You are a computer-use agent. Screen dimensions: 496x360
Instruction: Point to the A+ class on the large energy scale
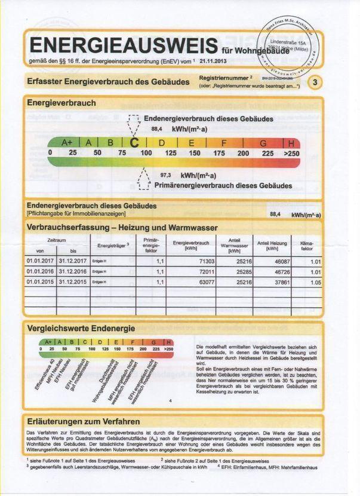coord(67,143)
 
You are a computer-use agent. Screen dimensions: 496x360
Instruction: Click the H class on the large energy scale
coord(291,143)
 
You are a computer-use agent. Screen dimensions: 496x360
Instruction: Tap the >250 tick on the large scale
coord(291,154)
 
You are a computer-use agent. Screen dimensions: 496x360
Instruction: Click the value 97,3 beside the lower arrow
coord(166,176)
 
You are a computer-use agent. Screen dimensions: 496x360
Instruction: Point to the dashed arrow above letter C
coord(134,126)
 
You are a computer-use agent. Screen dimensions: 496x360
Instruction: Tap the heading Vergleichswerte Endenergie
coord(81,328)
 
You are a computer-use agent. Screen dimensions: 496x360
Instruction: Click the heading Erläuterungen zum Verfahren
coord(84,420)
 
